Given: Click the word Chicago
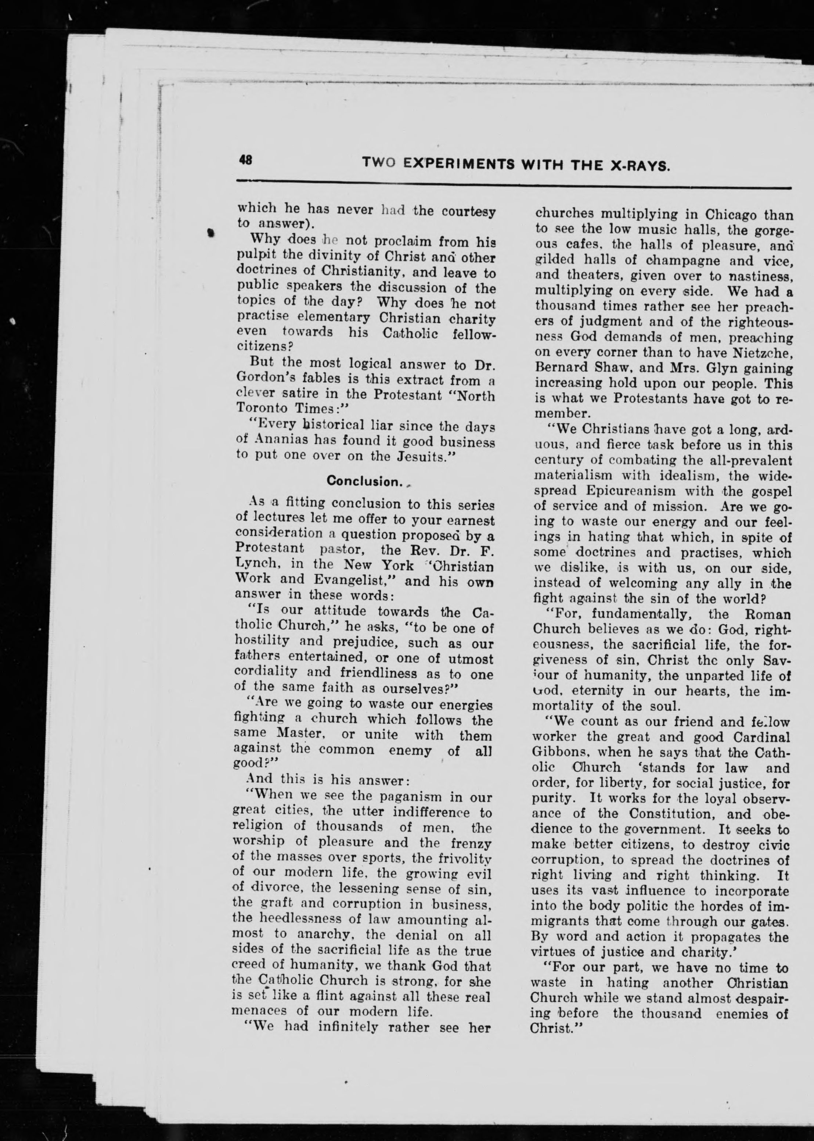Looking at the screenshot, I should point(731,216).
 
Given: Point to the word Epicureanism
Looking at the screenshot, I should point(626,491).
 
